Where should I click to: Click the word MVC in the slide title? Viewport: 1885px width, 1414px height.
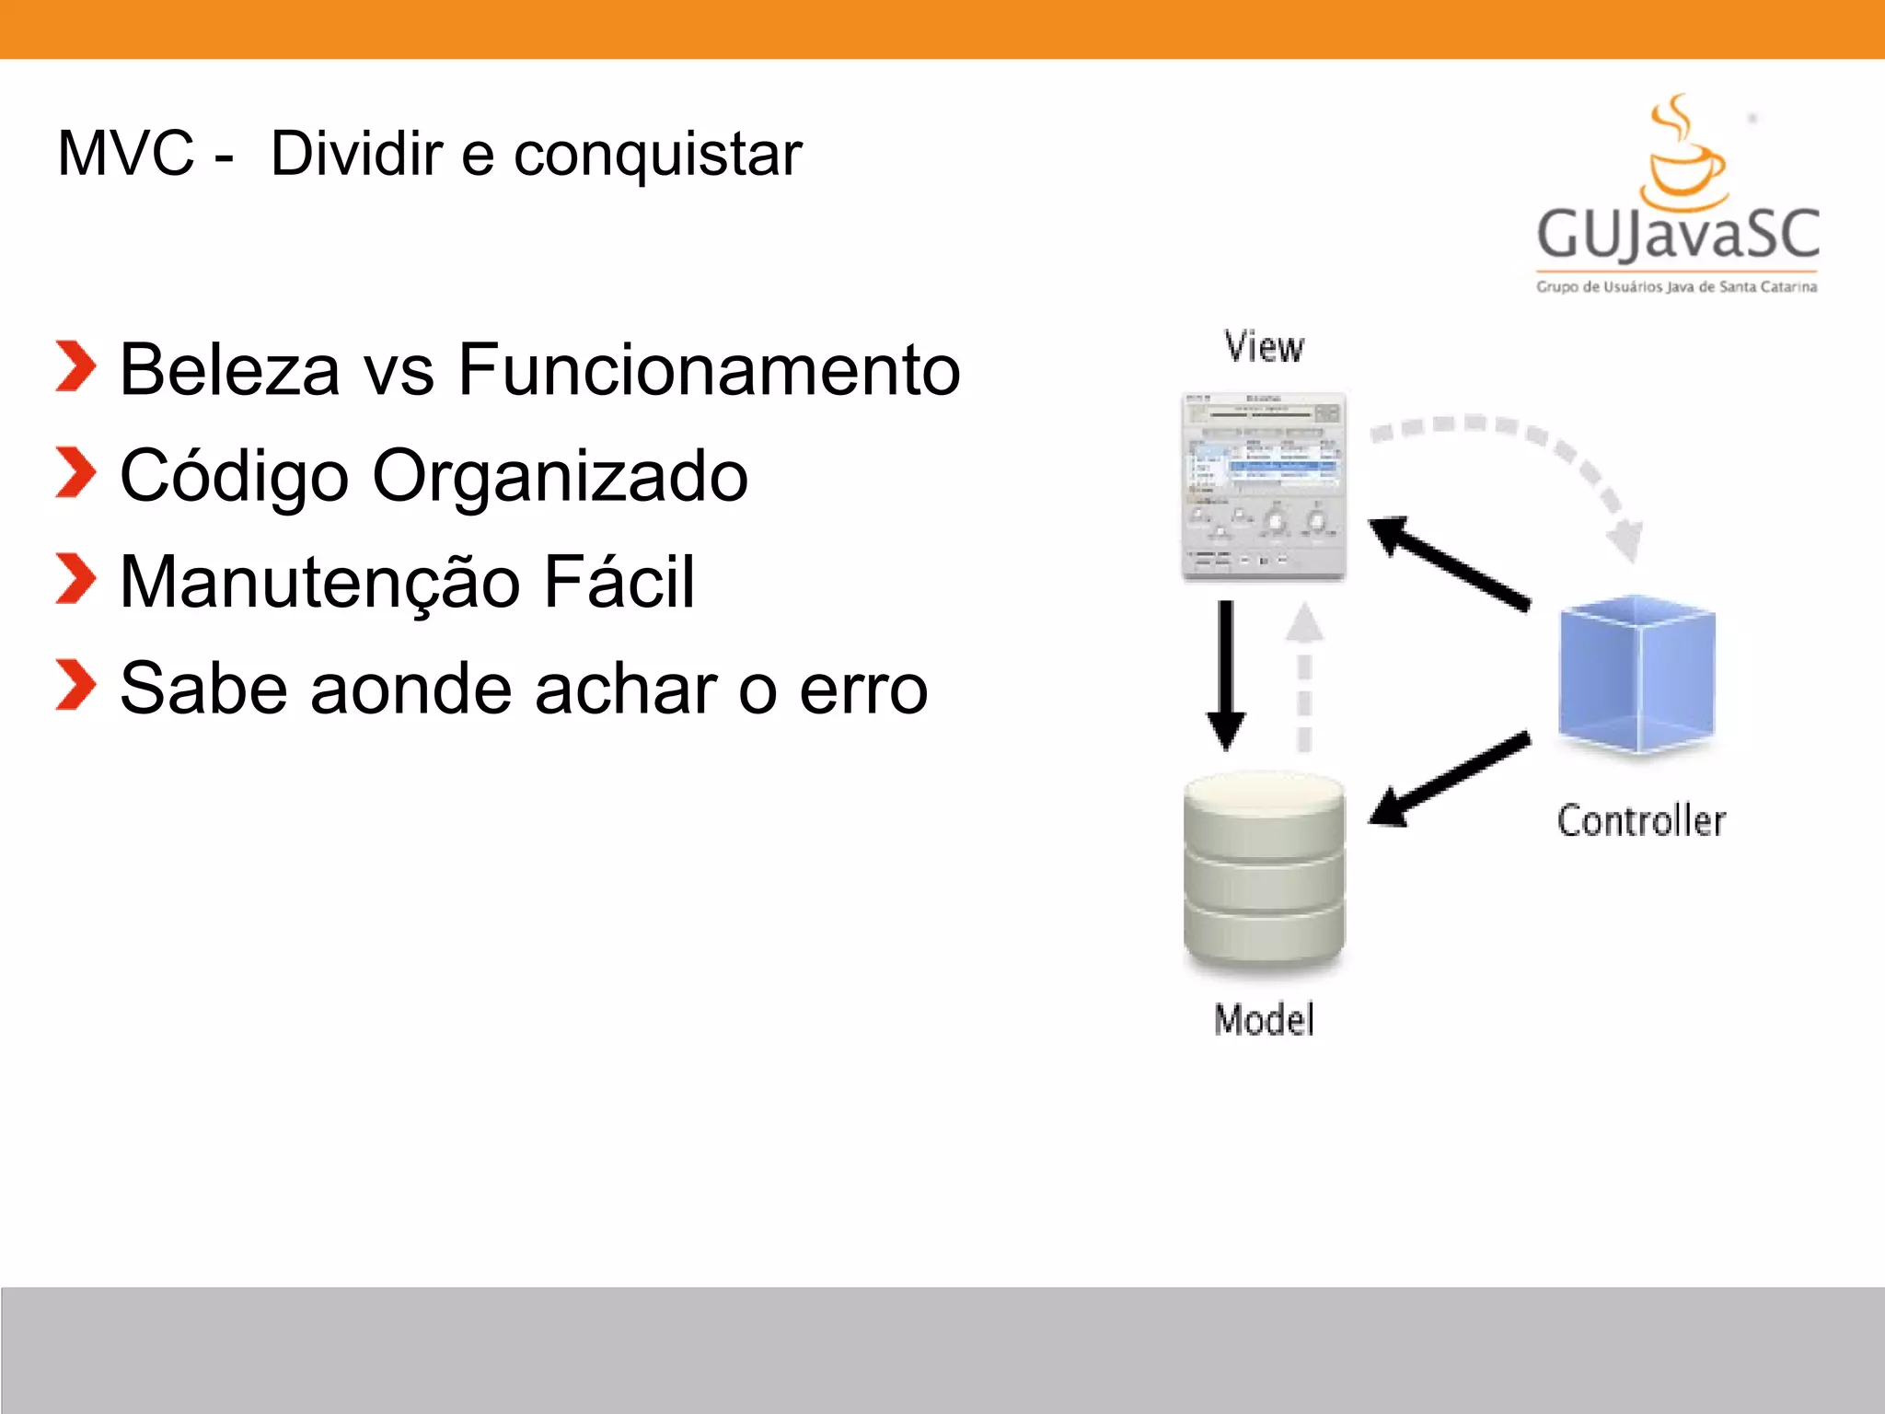click(x=126, y=153)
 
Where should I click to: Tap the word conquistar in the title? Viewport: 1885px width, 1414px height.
click(x=657, y=155)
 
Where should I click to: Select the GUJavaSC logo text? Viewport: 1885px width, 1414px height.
click(x=1677, y=234)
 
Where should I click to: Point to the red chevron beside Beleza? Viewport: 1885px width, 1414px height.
click(x=75, y=366)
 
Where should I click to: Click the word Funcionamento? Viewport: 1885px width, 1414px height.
click(x=709, y=370)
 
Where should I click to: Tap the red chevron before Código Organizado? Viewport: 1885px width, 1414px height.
click(x=75, y=473)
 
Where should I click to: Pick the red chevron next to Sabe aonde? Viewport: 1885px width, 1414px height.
click(x=75, y=686)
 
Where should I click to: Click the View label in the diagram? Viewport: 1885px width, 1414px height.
click(x=1264, y=347)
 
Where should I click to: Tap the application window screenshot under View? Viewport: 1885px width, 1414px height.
click(x=1264, y=486)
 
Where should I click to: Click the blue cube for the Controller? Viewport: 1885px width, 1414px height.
click(x=1636, y=674)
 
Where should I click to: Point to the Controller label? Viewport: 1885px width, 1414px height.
click(x=1641, y=820)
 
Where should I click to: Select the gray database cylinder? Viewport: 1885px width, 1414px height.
click(x=1264, y=871)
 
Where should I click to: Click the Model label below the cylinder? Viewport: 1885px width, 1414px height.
click(x=1264, y=1020)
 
